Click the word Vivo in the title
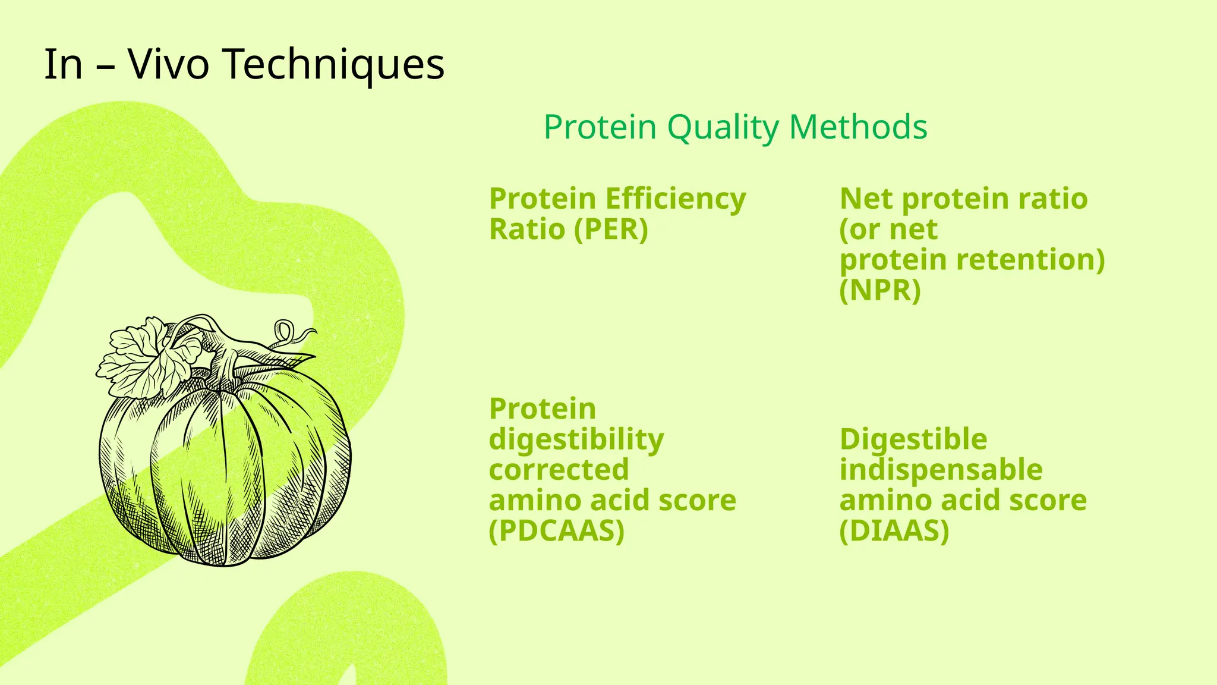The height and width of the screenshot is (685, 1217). point(168,64)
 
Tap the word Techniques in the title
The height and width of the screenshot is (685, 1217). point(333,64)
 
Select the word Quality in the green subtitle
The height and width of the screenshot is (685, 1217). point(723,127)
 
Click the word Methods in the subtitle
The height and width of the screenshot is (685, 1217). point(857,127)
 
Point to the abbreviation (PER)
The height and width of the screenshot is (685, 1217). point(611,230)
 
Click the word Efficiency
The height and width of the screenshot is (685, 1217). point(676,199)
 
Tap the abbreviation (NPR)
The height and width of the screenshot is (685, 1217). point(879,291)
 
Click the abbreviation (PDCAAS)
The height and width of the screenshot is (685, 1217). point(556,531)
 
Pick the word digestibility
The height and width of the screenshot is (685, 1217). point(576,440)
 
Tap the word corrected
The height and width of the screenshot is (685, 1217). point(559,470)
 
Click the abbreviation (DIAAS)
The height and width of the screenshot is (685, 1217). point(894,531)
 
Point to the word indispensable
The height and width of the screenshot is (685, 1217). point(941,470)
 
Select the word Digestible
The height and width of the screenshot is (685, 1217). point(913,440)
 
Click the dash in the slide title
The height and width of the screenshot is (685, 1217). point(105,65)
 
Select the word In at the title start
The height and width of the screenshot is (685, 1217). point(63,64)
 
